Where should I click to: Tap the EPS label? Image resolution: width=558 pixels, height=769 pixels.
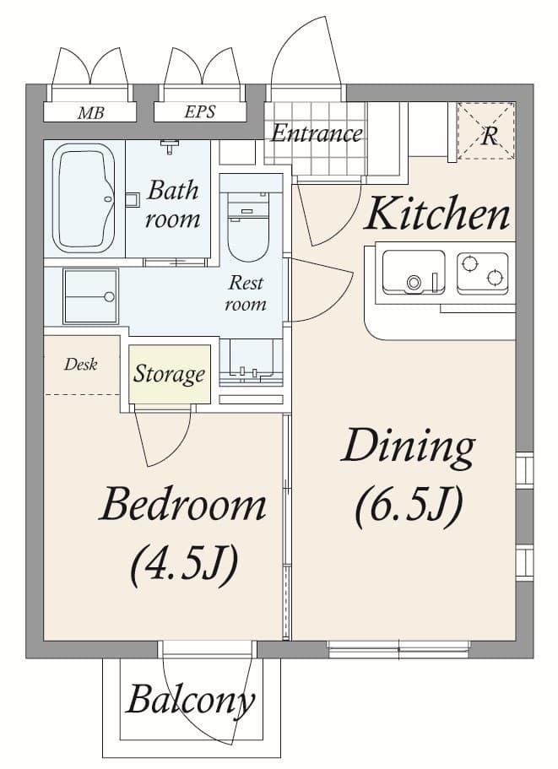click(199, 112)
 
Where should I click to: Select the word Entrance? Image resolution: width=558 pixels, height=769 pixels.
click(317, 133)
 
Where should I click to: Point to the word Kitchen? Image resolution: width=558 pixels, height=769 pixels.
click(437, 214)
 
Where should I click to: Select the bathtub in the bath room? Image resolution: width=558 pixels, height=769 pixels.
click(84, 199)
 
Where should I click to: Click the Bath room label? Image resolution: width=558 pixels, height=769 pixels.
click(172, 204)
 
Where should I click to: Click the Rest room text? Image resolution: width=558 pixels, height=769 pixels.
click(245, 294)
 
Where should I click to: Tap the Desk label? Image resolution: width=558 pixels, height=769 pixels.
click(81, 365)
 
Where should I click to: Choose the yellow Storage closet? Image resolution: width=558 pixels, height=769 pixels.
click(169, 374)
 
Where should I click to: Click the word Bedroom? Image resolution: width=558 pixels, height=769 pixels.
click(182, 506)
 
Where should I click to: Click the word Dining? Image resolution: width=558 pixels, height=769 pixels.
click(407, 447)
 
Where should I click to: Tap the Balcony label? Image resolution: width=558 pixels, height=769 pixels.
click(191, 700)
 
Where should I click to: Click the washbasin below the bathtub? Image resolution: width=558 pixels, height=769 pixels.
click(90, 295)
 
